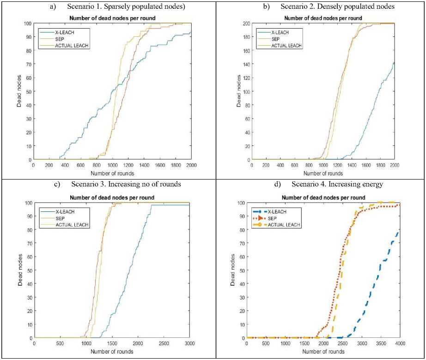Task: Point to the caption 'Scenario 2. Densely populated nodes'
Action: (x=328, y=6)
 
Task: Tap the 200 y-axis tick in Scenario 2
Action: (x=240, y=24)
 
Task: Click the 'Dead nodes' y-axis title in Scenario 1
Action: (x=19, y=91)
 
